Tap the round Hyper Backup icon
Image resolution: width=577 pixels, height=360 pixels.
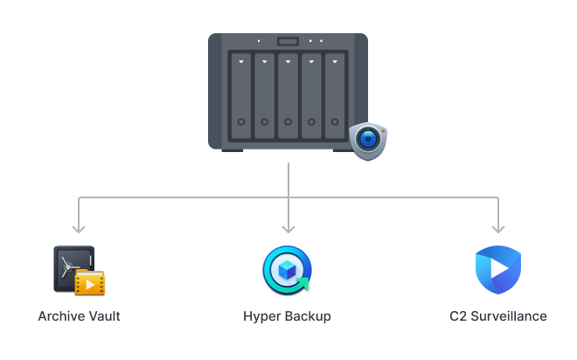point(288,269)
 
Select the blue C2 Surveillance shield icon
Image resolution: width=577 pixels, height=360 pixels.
point(497,270)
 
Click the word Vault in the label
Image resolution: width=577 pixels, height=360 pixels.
point(102,315)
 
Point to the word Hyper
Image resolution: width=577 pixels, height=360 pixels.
point(261,315)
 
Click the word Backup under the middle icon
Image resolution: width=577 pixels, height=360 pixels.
point(309,315)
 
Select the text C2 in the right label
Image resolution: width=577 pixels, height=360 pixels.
point(457,315)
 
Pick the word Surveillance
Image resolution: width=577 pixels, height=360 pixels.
point(509,315)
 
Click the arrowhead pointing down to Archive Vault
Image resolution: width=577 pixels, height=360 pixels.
point(79,228)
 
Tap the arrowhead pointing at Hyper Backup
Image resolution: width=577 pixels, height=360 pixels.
point(288,228)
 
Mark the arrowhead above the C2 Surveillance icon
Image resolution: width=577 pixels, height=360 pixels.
point(498,228)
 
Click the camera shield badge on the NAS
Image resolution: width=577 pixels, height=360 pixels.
point(367,140)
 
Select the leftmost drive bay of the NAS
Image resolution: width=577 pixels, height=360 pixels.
point(240,95)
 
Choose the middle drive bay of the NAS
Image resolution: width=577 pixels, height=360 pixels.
point(288,95)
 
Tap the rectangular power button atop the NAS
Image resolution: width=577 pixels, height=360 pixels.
point(288,41)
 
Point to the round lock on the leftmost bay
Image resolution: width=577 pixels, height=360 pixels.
point(240,121)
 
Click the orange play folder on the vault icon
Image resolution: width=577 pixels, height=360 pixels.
point(89,282)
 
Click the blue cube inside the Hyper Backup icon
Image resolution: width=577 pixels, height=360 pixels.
point(286,268)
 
